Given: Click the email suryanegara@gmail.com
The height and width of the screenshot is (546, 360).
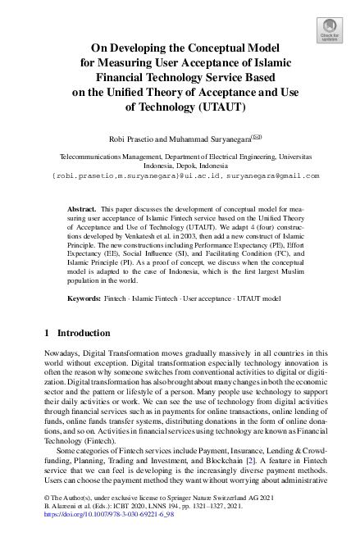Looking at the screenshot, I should tap(271, 175).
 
